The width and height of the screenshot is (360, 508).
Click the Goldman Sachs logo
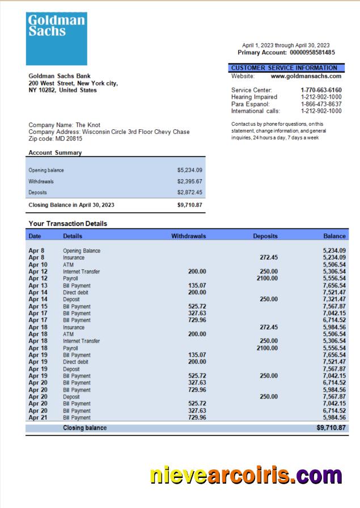[57, 39]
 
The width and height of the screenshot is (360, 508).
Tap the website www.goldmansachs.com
[306, 76]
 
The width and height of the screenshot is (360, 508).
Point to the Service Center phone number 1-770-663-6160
[321, 90]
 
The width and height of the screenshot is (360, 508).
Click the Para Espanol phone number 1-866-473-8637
[321, 104]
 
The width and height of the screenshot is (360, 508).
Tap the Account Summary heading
[55, 153]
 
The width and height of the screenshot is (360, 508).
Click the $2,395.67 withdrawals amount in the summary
[189, 181]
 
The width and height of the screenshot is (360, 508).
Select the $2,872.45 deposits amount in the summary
[189, 193]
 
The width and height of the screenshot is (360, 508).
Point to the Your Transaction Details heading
[67, 224]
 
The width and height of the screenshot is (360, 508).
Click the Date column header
[35, 236]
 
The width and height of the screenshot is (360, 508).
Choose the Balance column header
[334, 236]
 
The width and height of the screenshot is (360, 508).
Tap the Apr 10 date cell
[38, 265]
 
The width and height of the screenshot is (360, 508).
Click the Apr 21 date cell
[38, 418]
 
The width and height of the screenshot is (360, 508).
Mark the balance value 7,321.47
[334, 299]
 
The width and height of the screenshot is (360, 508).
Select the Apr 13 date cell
[38, 285]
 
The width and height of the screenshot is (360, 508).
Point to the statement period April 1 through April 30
[286, 45]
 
